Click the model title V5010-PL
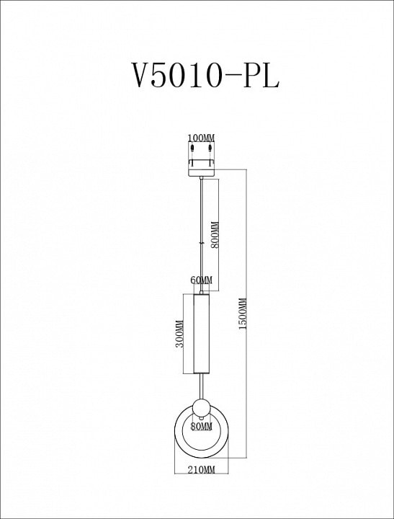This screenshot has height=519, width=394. tap(205, 75)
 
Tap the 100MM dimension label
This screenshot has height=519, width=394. tap(201, 138)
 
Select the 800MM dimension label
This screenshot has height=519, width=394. tap(215, 235)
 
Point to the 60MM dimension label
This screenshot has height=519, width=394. tap(202, 280)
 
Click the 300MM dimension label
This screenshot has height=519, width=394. tap(179, 334)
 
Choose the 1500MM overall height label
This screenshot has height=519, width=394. tap(243, 314)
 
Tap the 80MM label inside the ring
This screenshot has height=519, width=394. tap(201, 427)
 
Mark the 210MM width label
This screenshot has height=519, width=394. tap(201, 469)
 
